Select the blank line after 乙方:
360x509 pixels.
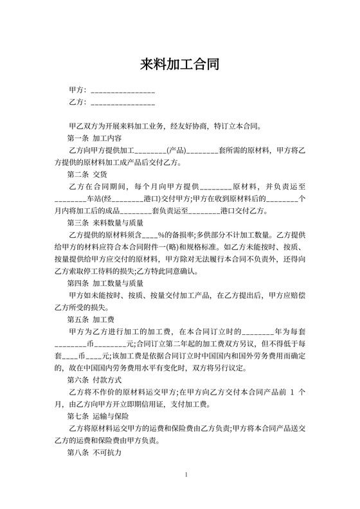(x=123, y=103)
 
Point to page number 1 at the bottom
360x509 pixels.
(x=186, y=475)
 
